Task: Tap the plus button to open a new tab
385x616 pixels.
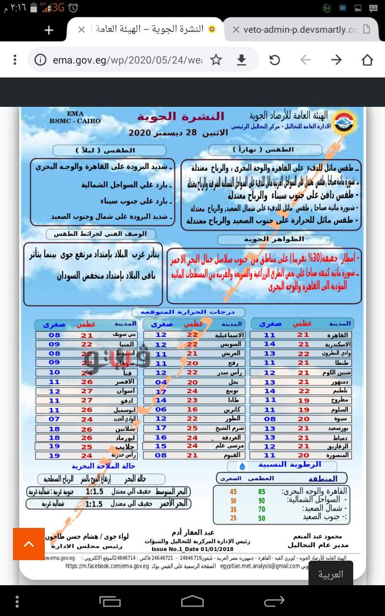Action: (x=49, y=30)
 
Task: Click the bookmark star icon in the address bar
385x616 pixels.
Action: (x=216, y=60)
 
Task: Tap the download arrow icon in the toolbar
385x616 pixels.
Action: (x=242, y=60)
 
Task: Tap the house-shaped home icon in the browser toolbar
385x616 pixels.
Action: (x=367, y=60)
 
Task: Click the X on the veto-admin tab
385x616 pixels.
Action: (x=236, y=30)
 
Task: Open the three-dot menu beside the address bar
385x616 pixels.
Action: (x=15, y=60)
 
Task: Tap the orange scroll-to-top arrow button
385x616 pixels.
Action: (x=29, y=544)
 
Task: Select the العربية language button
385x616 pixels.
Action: (x=331, y=574)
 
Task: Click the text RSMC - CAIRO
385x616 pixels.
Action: (x=76, y=121)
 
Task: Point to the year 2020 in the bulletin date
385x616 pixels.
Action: (x=140, y=132)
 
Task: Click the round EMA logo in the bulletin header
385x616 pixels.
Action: (x=343, y=123)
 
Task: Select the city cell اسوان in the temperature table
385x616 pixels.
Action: (x=127, y=391)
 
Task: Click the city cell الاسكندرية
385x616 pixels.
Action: (x=338, y=345)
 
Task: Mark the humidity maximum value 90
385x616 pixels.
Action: (x=262, y=500)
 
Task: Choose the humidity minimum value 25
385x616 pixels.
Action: (x=233, y=518)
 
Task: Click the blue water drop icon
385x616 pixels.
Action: (x=243, y=466)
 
